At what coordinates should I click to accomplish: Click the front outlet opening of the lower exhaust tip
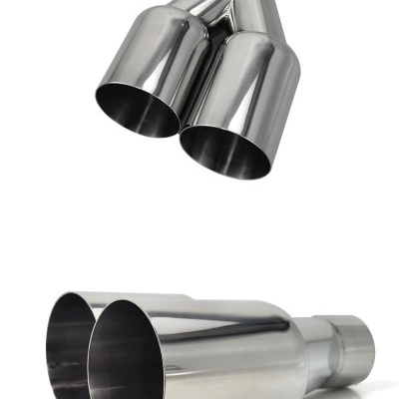125,354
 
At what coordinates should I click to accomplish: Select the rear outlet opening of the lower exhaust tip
70,344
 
